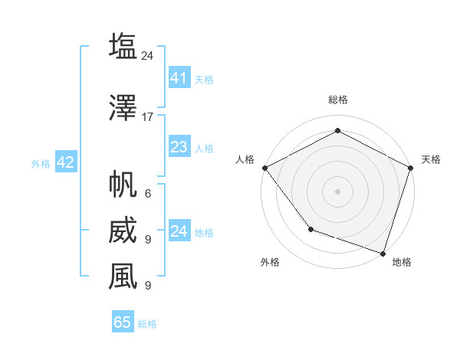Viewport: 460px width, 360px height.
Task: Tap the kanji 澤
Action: pyautogui.click(x=123, y=108)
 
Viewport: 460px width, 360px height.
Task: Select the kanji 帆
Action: pyautogui.click(x=123, y=184)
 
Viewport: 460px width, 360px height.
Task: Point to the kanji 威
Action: pyautogui.click(x=123, y=231)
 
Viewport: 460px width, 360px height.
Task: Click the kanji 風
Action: pyautogui.click(x=123, y=276)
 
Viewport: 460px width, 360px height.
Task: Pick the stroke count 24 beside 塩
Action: pyautogui.click(x=148, y=55)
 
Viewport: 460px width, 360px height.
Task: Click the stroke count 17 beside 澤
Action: pyautogui.click(x=148, y=117)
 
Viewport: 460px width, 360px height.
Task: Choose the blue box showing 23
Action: pyautogui.click(x=179, y=147)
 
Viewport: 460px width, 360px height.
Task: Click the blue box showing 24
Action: pyautogui.click(x=179, y=231)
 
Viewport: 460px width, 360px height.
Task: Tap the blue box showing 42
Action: pyautogui.click(x=65, y=162)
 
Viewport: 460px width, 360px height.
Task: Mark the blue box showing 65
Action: pyautogui.click(x=123, y=322)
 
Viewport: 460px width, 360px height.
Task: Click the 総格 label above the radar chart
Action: pyautogui.click(x=337, y=100)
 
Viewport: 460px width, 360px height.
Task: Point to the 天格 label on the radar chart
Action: pyautogui.click(x=431, y=159)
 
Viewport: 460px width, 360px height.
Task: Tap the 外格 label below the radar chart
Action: pyautogui.click(x=270, y=262)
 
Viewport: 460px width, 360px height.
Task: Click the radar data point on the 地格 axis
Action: pyautogui.click(x=383, y=253)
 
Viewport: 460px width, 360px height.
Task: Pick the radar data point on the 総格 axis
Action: pyautogui.click(x=337, y=130)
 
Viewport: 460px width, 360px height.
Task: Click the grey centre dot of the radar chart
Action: pyautogui.click(x=337, y=191)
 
